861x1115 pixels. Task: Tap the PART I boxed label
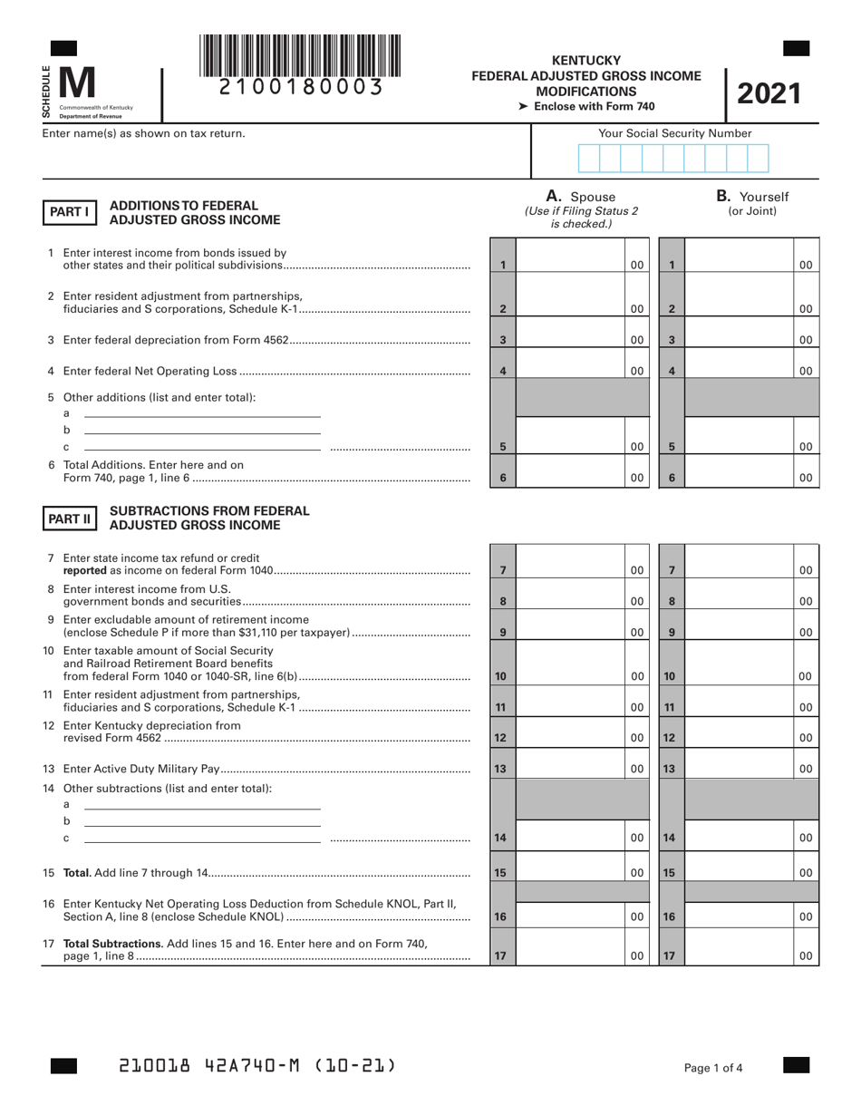[68, 212]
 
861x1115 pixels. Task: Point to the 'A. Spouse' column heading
[580, 197]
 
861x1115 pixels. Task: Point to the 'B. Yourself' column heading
[752, 197]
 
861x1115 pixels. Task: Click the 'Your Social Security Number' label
[674, 133]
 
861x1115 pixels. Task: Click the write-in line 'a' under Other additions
[202, 414]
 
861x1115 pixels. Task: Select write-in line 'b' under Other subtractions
[202, 824]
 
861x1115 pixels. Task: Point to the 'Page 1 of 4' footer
[714, 1068]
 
